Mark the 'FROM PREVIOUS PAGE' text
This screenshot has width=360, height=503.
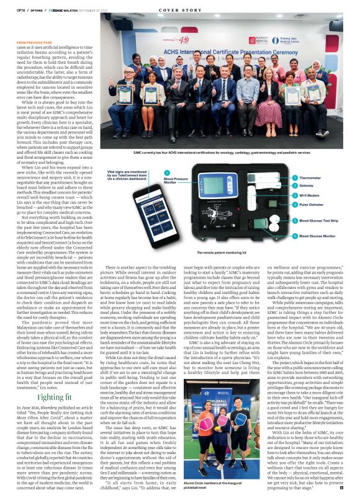coord(35,42)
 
